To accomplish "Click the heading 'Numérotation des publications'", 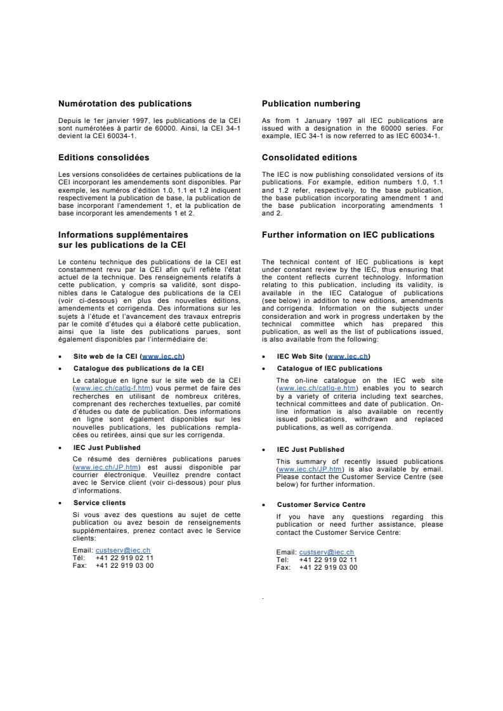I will [x=125, y=103].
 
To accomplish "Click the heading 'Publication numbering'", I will [x=311, y=103].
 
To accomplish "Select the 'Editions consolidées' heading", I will [x=104, y=157].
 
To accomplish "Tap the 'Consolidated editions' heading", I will [x=310, y=157].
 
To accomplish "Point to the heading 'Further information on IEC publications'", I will [x=348, y=234].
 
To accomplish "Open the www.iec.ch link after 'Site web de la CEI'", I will [x=163, y=356].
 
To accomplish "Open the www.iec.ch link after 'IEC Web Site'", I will [x=348, y=356].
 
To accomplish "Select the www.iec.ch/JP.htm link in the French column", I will [x=97, y=467].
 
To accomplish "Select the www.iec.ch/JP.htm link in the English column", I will [x=301, y=469].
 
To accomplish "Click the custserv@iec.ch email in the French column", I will [x=123, y=550].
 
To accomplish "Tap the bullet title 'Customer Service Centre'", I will [x=321, y=504].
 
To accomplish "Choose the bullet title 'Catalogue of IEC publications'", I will [x=329, y=368].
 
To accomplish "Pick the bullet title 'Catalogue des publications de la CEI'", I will [x=138, y=368].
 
